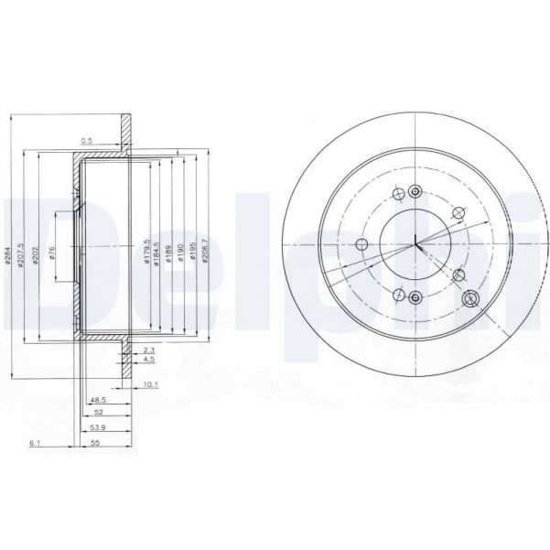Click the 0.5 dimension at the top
tap(87, 140)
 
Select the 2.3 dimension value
tap(150, 349)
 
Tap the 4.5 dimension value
tap(150, 359)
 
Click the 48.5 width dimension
tap(98, 400)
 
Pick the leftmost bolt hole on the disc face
tap(360, 244)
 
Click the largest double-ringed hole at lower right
tap(472, 299)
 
